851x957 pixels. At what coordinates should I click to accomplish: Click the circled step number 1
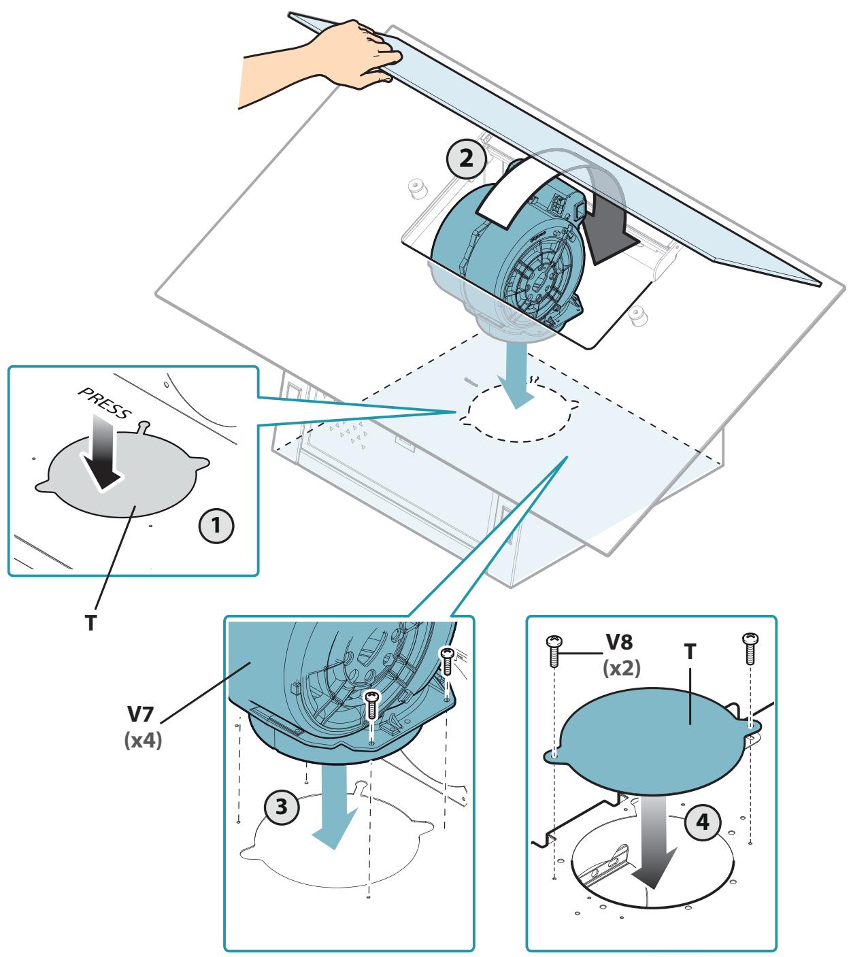(x=216, y=525)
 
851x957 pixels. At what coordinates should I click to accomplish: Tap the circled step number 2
(x=467, y=158)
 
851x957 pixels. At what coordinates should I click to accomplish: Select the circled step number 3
(x=282, y=806)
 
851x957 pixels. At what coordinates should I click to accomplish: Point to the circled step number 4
(x=703, y=822)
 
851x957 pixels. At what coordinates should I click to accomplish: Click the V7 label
(x=140, y=714)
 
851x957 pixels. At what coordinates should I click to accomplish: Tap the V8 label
(x=619, y=642)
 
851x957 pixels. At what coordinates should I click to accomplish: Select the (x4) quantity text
(x=143, y=740)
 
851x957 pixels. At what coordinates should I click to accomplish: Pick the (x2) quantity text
(x=621, y=669)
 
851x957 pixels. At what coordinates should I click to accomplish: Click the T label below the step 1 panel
(x=90, y=623)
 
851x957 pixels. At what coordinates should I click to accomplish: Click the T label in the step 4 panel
(x=690, y=652)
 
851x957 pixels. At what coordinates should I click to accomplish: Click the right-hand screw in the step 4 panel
(x=750, y=649)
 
